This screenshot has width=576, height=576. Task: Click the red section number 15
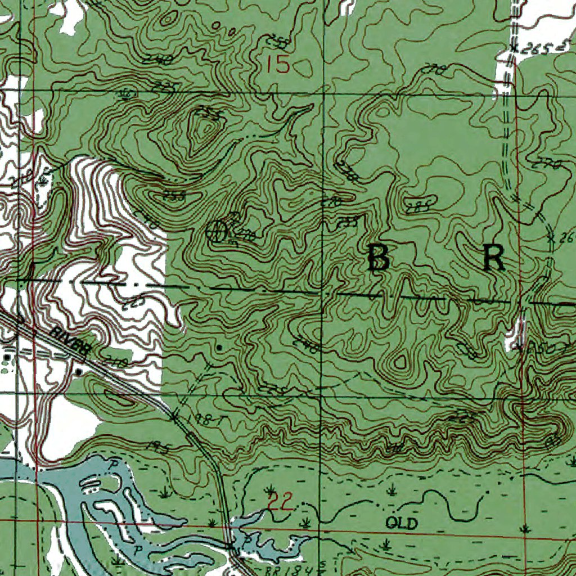coord(278,64)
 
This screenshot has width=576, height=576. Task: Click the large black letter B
coord(379,259)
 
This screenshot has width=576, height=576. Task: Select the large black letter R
coord(494,258)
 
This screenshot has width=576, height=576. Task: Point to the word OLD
coord(402,524)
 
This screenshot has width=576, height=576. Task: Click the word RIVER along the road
coord(69,341)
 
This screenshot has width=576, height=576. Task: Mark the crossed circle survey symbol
coord(216,231)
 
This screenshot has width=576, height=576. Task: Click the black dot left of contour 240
coord(219,348)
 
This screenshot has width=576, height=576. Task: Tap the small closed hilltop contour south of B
coord(400,361)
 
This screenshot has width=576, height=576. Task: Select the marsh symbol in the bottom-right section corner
coord(525,528)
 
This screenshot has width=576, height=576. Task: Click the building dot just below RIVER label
coord(78,372)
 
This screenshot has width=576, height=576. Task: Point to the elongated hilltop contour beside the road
coord(115,397)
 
